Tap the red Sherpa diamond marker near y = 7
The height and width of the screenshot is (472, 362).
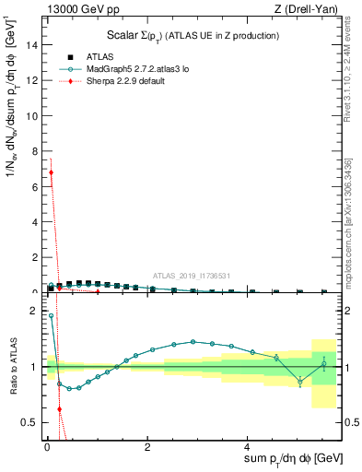[51, 172]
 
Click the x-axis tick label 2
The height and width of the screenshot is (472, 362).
[147, 446]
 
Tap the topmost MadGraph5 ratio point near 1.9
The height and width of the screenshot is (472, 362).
[51, 316]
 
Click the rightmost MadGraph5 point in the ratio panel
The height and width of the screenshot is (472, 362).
[323, 364]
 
